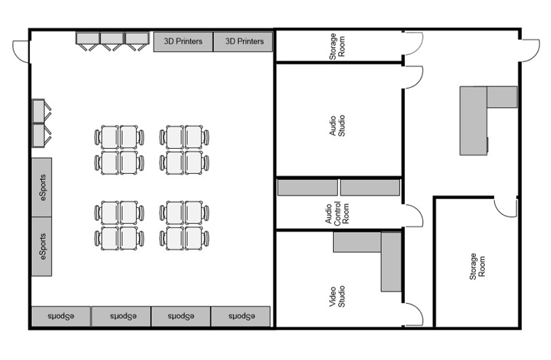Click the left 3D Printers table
(x=183, y=42)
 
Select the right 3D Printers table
(x=243, y=42)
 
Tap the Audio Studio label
(x=337, y=125)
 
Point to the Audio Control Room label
(x=337, y=213)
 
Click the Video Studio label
(x=337, y=296)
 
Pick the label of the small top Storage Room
(x=337, y=47)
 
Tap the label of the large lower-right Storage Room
(x=477, y=266)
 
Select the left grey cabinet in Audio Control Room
(x=307, y=187)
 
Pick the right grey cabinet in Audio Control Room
(x=370, y=187)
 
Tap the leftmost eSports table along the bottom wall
(x=61, y=317)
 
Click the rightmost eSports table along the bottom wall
(x=241, y=317)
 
